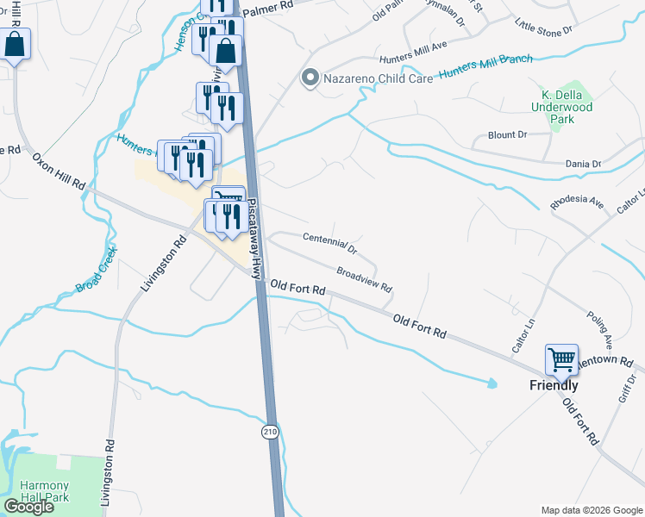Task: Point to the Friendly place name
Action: [x=554, y=385]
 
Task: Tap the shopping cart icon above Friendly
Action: [x=561, y=359]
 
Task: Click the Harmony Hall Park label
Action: [x=43, y=491]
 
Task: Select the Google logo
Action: [x=28, y=507]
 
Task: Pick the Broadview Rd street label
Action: [x=365, y=277]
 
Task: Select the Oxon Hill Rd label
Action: [x=59, y=171]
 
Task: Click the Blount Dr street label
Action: [x=507, y=135]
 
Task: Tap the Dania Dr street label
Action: [x=584, y=163]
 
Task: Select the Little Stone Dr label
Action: [x=543, y=27]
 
